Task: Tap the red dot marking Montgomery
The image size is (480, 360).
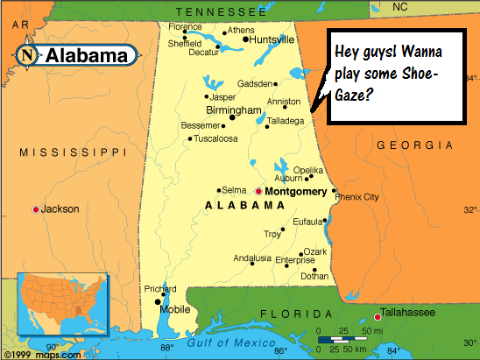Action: click(x=258, y=190)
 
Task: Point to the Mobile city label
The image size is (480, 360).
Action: click(x=174, y=309)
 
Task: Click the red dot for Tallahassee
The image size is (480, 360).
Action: click(x=378, y=316)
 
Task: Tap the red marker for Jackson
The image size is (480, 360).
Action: click(x=35, y=209)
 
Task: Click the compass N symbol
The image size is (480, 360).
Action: click(x=27, y=55)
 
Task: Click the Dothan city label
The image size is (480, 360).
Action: click(x=314, y=276)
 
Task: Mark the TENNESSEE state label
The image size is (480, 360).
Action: click(x=220, y=11)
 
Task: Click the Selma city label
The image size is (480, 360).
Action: click(x=234, y=190)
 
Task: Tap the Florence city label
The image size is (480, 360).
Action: click(x=185, y=26)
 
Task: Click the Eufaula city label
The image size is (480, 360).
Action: click(x=307, y=221)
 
